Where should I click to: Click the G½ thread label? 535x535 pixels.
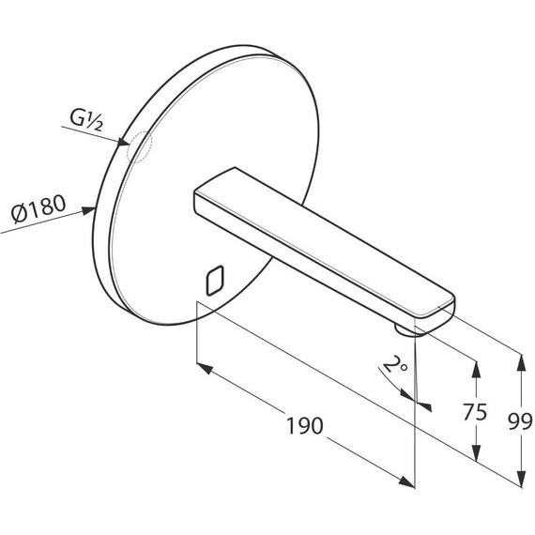pos(85,120)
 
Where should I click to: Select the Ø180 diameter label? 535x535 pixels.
pos(38,208)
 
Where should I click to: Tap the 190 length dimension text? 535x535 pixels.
pos(304,426)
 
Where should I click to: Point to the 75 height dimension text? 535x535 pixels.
pos(475,412)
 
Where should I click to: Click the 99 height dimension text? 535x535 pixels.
pos(520,421)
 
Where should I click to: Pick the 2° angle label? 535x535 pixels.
pos(395,365)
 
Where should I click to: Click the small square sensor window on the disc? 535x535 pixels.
pos(215,280)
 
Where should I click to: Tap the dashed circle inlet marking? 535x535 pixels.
pos(139,146)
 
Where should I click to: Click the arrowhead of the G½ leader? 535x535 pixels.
pos(123,143)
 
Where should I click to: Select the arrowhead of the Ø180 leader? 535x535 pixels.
pos(88,210)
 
